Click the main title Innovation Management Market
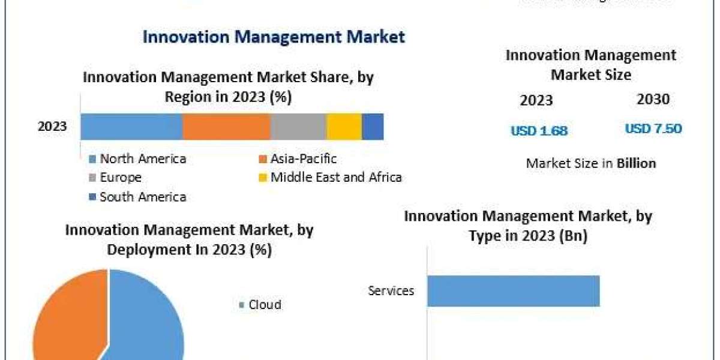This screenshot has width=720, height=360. [274, 37]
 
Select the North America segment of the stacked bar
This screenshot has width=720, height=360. [131, 127]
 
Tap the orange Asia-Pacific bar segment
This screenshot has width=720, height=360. [226, 127]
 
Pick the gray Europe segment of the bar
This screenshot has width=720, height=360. [298, 127]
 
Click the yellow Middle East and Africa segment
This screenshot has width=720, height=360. [344, 127]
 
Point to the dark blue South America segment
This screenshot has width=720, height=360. [373, 127]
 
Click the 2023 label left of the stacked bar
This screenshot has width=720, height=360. [52, 127]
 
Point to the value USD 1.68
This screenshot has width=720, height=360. [539, 130]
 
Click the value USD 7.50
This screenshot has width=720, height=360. [653, 129]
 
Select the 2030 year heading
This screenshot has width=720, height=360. [653, 100]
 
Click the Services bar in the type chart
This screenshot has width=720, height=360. [514, 291]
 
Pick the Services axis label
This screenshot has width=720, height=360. [391, 291]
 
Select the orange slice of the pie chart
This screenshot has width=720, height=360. [66, 318]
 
